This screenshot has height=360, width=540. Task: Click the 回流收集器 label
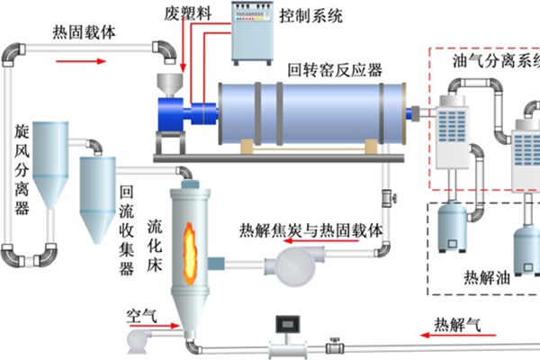127,229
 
